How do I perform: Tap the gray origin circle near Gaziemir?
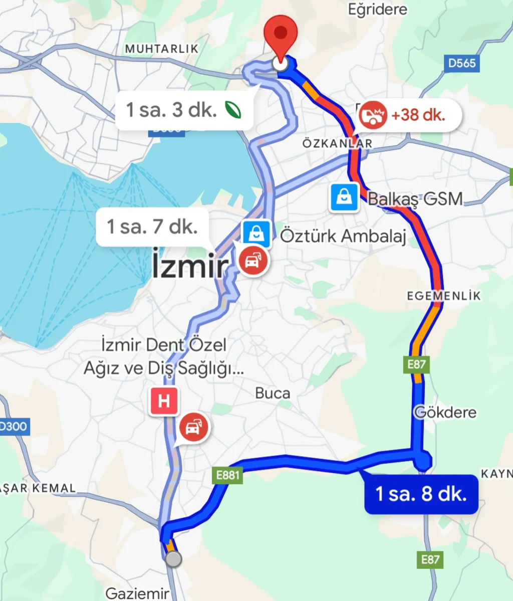pos(173,559)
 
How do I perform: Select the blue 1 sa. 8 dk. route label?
pos(421,494)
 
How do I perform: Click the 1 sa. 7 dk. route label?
pos(152,227)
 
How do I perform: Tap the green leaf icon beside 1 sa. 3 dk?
pos(233,109)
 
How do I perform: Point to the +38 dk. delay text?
pos(418,115)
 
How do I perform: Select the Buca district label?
pos(273,393)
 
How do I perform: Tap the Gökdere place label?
pos(445,413)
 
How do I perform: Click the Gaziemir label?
pos(137,594)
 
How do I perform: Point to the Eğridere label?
pos(378,9)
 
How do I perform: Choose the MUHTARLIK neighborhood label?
pos(162,49)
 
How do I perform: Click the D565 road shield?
pos(461,63)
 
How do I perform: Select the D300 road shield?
pos(13,427)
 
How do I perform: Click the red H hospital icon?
pos(163,401)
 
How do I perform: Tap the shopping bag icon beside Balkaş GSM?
pos(344,197)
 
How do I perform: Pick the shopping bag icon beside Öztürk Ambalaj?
pos(256,234)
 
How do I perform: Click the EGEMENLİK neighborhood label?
pos(443,296)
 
